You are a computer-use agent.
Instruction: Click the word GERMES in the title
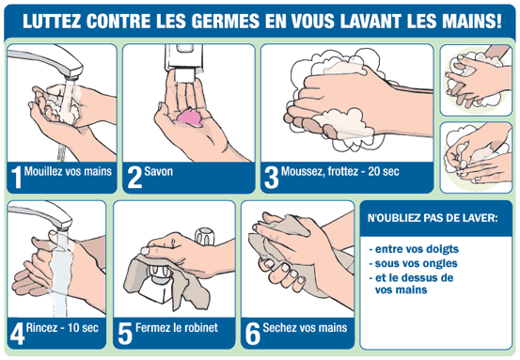pos(225,22)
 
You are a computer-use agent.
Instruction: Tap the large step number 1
pos(16,178)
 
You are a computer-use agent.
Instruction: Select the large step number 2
pos(134,178)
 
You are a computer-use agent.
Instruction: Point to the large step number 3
pos(271,178)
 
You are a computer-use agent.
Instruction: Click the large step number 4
pos(17,334)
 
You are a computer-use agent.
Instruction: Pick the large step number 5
pos(125,334)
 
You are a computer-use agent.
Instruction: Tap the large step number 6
pos(253,334)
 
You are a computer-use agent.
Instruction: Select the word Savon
pos(159,171)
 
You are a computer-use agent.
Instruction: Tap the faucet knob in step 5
pos(205,236)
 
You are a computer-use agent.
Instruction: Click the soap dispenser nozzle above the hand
pos(184,74)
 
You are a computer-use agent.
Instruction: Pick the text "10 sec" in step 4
pos(83,328)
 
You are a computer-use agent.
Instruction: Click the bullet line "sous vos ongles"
pos(413,263)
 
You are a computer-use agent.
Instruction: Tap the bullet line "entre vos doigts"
pos(414,249)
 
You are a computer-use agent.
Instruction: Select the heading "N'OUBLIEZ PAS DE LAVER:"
pos(433,218)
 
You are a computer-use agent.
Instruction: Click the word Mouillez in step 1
pos(43,171)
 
